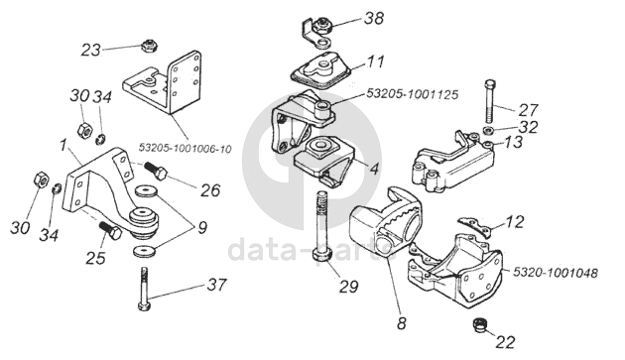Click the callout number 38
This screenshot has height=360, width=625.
[x=373, y=18]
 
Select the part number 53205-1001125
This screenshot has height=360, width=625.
[x=412, y=94]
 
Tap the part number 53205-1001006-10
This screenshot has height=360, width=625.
[x=185, y=149]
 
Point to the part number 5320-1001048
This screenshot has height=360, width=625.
[x=556, y=273]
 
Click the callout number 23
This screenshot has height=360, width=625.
[x=91, y=51]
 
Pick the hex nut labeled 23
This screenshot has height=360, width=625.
[x=149, y=45]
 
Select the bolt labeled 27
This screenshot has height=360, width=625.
[x=491, y=101]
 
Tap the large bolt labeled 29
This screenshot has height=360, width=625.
[x=322, y=226]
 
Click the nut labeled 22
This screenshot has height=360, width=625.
[x=480, y=324]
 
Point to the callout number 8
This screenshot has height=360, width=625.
[x=402, y=323]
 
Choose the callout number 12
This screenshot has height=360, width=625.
[x=514, y=222]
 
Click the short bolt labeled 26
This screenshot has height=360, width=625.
[x=156, y=170]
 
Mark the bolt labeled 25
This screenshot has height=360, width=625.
[x=109, y=230]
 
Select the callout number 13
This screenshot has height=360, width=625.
[x=513, y=142]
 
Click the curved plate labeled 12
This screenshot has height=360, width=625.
[x=475, y=225]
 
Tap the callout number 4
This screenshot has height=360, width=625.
[x=373, y=169]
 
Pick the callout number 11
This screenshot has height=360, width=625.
[x=375, y=61]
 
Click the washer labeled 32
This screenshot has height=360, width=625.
[x=487, y=130]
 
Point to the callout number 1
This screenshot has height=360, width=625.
[x=62, y=146]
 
